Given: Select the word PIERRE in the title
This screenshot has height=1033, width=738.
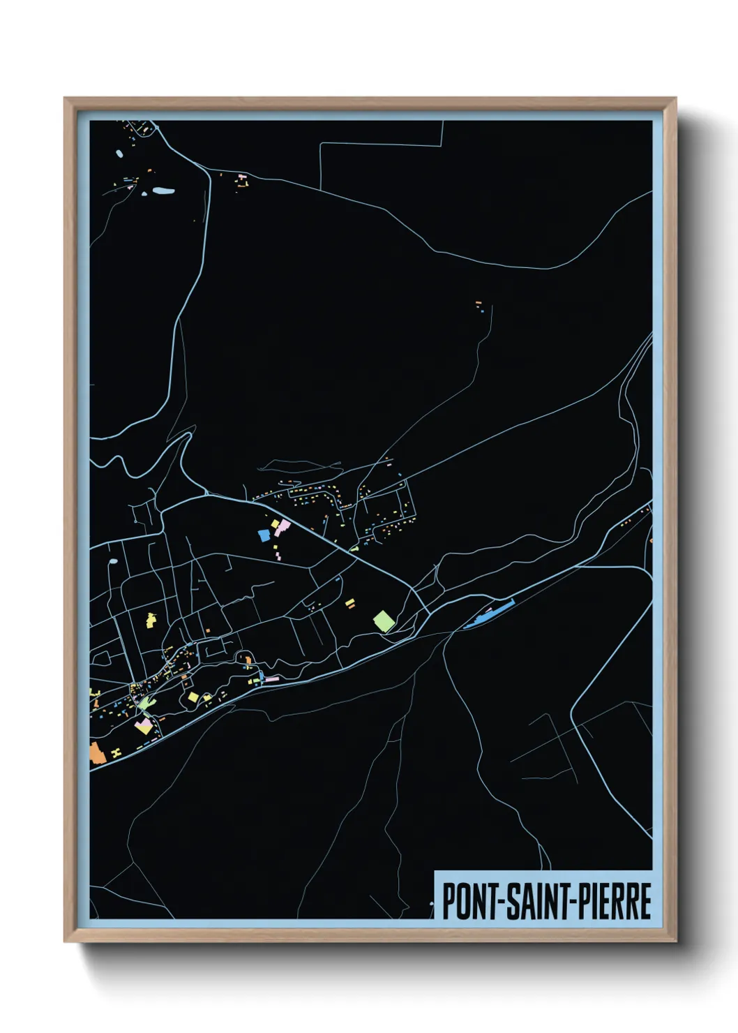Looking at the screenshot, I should click(614, 901).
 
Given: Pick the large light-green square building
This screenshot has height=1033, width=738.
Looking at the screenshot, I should click(384, 620).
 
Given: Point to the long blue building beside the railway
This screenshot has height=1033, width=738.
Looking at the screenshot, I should click(488, 614).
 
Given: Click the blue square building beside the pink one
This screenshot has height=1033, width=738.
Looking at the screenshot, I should click(264, 535).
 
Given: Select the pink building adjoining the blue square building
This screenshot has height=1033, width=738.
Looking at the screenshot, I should click(281, 528).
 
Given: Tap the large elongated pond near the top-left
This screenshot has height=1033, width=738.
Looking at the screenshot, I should click(163, 190).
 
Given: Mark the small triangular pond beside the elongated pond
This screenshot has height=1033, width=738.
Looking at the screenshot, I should click(145, 193).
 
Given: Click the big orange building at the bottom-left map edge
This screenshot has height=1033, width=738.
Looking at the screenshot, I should click(96, 753).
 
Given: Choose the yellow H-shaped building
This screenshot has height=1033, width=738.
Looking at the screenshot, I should click(116, 752).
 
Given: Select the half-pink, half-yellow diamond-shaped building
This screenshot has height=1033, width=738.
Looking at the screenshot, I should click(144, 727).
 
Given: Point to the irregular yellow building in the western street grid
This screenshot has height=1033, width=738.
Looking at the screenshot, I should click(151, 618).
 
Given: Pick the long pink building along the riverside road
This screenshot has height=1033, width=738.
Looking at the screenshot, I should click(271, 678).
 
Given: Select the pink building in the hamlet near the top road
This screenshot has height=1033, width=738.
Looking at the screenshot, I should click(242, 177).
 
